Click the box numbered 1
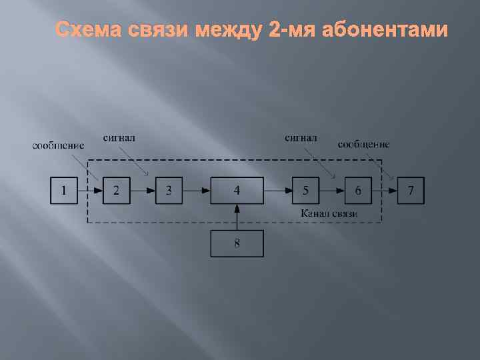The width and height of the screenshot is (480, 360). coord(64,190)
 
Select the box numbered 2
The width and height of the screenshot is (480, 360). coord(117,190)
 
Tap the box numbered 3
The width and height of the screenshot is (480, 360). coord(169,190)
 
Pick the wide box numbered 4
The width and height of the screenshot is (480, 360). coord(237,190)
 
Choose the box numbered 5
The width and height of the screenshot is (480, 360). coord(305,190)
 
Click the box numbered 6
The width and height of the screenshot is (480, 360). coord(358,190)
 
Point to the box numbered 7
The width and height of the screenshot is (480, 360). coord(411,190)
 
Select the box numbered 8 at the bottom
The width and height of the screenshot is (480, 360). coord(237,243)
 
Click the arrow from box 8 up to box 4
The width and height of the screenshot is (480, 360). coord(237,217)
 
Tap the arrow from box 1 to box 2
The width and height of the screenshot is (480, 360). coord(90,190)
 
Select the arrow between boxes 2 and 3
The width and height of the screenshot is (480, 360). coord(143,190)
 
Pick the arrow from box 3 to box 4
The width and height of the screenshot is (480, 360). coord(197,190)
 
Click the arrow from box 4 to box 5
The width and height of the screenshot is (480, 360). coord(278,190)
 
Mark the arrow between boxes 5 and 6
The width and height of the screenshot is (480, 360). coord(331,190)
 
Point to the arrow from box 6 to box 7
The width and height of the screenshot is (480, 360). coord(385,190)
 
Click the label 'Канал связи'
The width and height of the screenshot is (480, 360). coord(329,213)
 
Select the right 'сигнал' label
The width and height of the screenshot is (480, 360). coord(301,138)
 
